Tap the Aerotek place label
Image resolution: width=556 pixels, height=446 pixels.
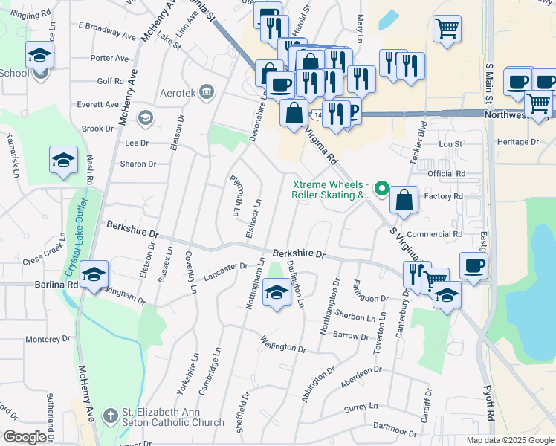point(181,94)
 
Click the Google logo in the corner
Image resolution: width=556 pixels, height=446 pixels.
point(25,436)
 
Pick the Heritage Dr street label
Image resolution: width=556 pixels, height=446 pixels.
point(517,142)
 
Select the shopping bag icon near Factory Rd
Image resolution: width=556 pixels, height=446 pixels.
point(403,200)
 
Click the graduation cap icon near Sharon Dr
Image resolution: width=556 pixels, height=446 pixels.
point(64,159)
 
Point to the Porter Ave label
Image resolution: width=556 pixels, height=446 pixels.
point(109,58)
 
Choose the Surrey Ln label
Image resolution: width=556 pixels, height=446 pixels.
point(361,407)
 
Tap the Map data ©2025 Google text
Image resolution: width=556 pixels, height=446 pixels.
point(509,440)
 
